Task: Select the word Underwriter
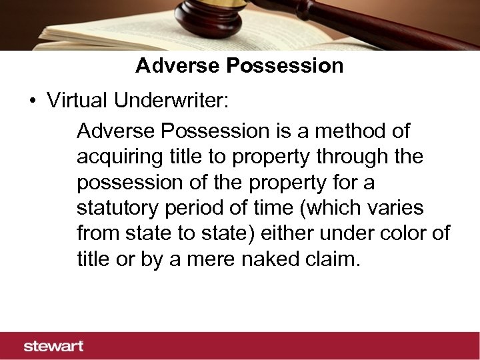[x=171, y=101]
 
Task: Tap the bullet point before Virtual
[x=31, y=101]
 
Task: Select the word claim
[x=336, y=259]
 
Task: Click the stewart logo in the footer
[x=54, y=345]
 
